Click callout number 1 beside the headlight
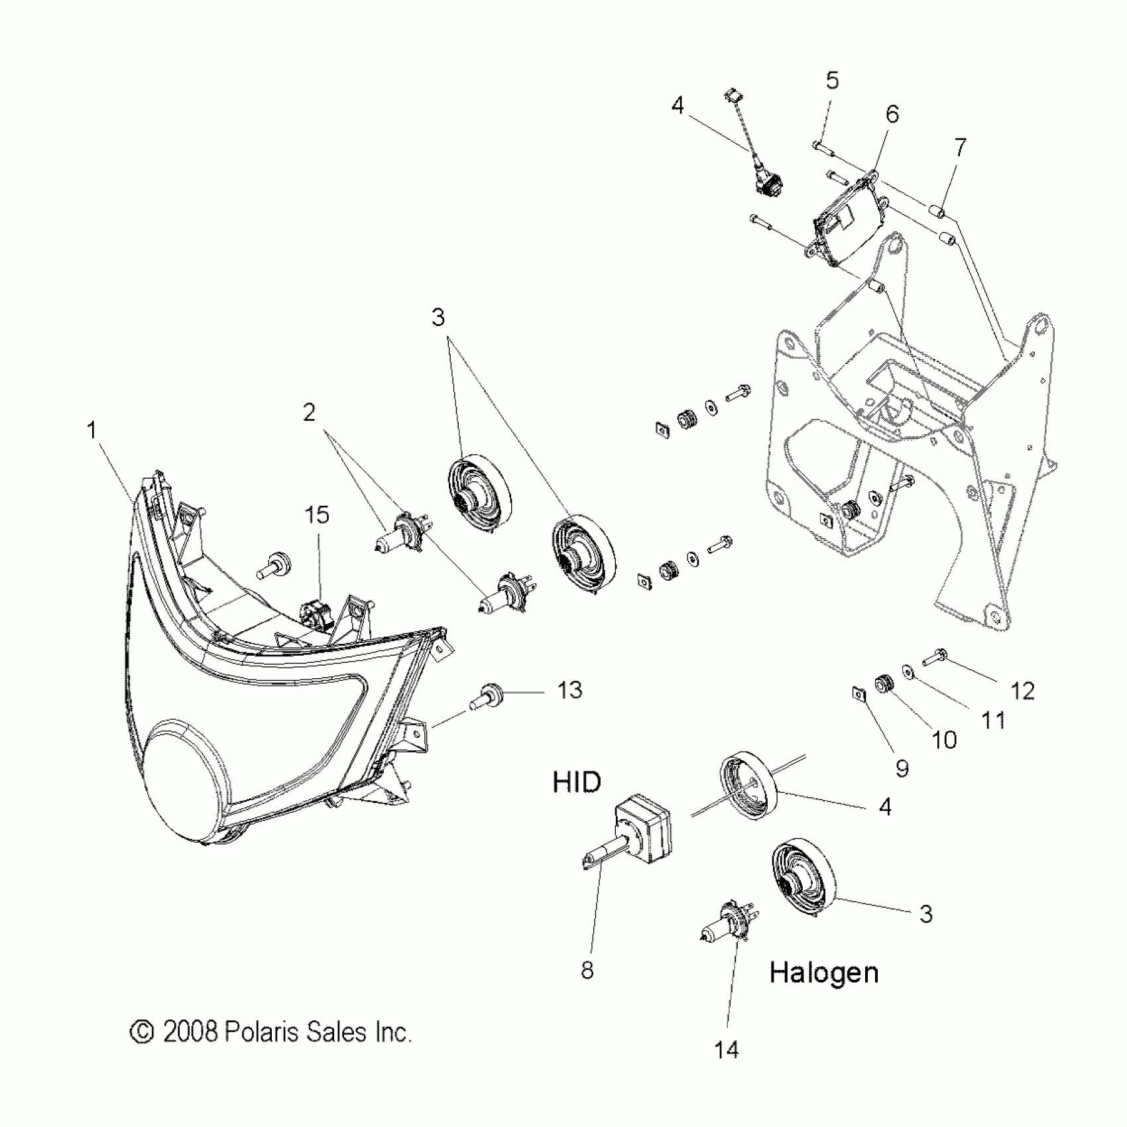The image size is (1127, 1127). point(92,430)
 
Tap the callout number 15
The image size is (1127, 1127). point(318,515)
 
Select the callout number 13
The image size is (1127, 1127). point(569,690)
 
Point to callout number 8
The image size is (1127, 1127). point(587,971)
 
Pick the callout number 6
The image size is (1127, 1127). point(892,114)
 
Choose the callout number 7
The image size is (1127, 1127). point(960,147)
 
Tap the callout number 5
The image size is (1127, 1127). point(832,80)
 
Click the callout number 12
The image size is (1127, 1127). point(1022,691)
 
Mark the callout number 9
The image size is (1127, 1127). point(902,768)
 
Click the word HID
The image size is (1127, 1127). point(577,782)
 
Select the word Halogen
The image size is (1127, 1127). point(824,973)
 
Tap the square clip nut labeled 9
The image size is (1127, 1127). point(859,694)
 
